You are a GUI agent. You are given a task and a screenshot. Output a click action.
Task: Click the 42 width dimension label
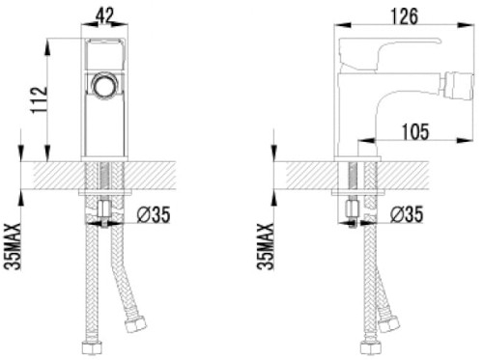coord(104,15)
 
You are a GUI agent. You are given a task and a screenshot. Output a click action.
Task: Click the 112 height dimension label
coord(39,99)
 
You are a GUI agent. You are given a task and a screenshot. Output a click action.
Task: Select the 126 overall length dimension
coord(404,16)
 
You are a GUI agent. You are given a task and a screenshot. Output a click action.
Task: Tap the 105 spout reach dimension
coord(415,131)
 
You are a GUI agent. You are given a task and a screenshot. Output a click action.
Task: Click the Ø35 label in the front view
coord(154,214)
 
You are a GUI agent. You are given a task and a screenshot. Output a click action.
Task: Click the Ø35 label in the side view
coord(407,214)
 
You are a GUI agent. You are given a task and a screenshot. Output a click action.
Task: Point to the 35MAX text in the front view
coord(13,246)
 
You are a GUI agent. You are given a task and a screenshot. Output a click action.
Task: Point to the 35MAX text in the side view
coord(266,246)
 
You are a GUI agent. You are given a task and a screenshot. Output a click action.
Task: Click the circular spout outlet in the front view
coord(104,85)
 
